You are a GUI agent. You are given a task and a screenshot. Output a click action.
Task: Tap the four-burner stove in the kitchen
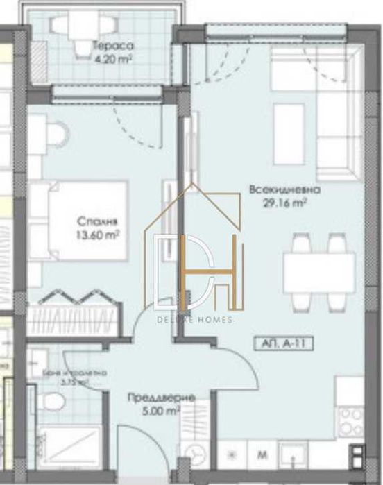[x=350, y=420]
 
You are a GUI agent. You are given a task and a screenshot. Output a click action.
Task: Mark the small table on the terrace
[x=76, y=26]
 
